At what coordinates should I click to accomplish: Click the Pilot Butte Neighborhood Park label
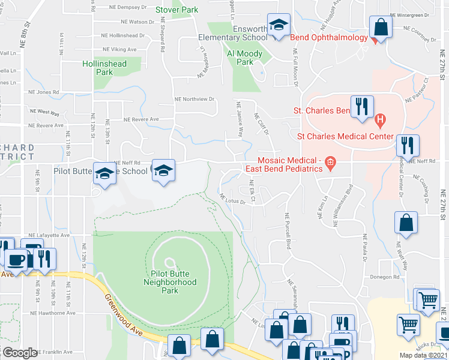(169, 282)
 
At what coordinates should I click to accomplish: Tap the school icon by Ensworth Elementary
(278, 26)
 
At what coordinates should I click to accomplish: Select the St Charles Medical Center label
(351, 136)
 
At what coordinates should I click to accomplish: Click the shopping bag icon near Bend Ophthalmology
(381, 28)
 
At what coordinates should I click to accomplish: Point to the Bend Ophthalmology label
(328, 38)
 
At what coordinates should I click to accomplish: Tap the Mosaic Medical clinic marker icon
(330, 162)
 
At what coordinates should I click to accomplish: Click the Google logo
(20, 353)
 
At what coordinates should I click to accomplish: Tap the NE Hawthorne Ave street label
(55, 313)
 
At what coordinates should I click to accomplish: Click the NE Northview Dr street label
(194, 99)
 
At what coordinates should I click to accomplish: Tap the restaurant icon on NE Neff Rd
(408, 146)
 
